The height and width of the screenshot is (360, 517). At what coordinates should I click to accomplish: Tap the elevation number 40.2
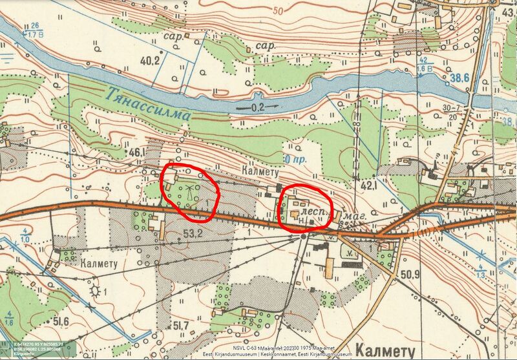coord(150,61)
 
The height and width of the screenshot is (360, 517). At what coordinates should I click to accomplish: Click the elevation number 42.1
coord(369,185)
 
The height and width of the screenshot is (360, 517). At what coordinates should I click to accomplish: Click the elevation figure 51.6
coord(61,321)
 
